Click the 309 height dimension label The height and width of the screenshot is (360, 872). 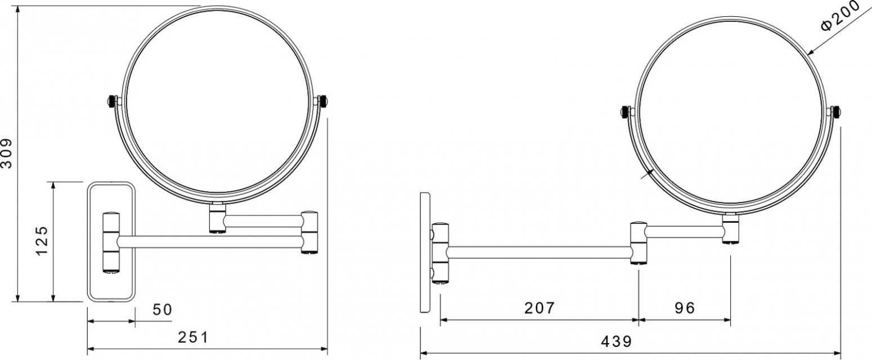7,154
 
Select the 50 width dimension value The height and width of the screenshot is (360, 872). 162,310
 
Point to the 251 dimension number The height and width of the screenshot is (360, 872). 193,337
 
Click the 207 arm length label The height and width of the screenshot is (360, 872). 539,308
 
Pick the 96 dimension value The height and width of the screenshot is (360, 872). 685,308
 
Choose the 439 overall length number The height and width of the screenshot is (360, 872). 617,341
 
